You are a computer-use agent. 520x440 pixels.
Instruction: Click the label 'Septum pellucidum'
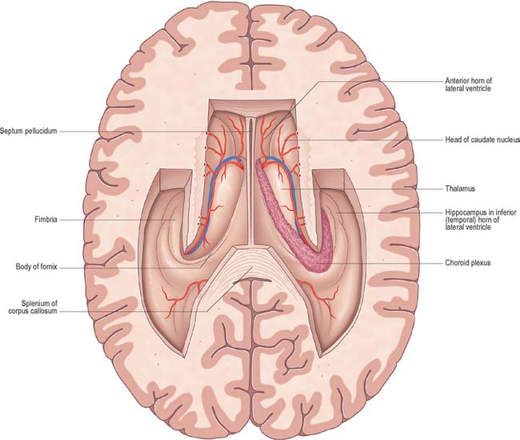29,131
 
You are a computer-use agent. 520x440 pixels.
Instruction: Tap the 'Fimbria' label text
46,220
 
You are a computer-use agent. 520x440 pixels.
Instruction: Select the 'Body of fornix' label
37,267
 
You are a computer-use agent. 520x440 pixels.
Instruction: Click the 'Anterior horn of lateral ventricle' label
468,84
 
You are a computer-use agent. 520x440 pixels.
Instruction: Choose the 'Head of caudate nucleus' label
482,139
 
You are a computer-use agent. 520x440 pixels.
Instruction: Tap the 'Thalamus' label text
460,188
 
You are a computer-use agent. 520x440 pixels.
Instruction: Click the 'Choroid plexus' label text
468,263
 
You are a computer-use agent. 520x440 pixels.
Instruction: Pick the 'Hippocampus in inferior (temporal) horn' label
481,220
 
